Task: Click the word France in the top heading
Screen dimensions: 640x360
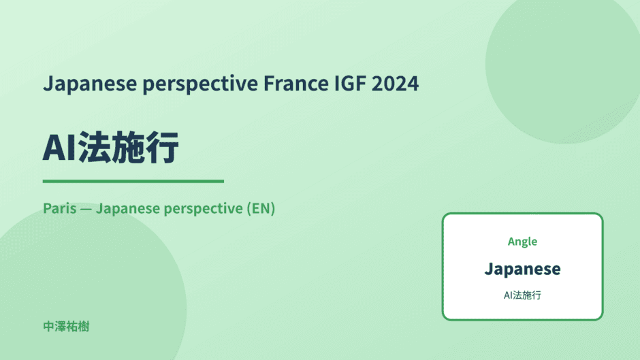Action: (x=295, y=83)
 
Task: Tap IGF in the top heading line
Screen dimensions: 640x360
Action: (x=350, y=83)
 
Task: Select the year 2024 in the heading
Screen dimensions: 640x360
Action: (x=395, y=83)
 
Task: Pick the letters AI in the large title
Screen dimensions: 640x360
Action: (x=59, y=148)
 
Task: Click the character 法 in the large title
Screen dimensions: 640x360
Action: (x=94, y=147)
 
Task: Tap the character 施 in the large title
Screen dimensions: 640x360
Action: (x=128, y=147)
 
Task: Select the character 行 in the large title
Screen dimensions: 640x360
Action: (x=162, y=147)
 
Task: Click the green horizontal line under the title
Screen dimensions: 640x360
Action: (x=133, y=181)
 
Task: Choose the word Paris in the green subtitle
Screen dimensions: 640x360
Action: (x=60, y=208)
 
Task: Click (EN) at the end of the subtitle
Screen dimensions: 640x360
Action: (x=261, y=208)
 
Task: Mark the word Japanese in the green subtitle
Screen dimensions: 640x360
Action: (x=128, y=209)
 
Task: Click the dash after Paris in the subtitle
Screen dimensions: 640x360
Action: (x=86, y=209)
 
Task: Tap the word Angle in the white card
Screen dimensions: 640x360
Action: (x=522, y=242)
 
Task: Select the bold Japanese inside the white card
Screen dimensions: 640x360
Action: (x=522, y=269)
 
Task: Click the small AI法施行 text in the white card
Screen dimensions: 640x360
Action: (x=522, y=295)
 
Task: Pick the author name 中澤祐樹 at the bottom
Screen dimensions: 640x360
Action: (x=66, y=327)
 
